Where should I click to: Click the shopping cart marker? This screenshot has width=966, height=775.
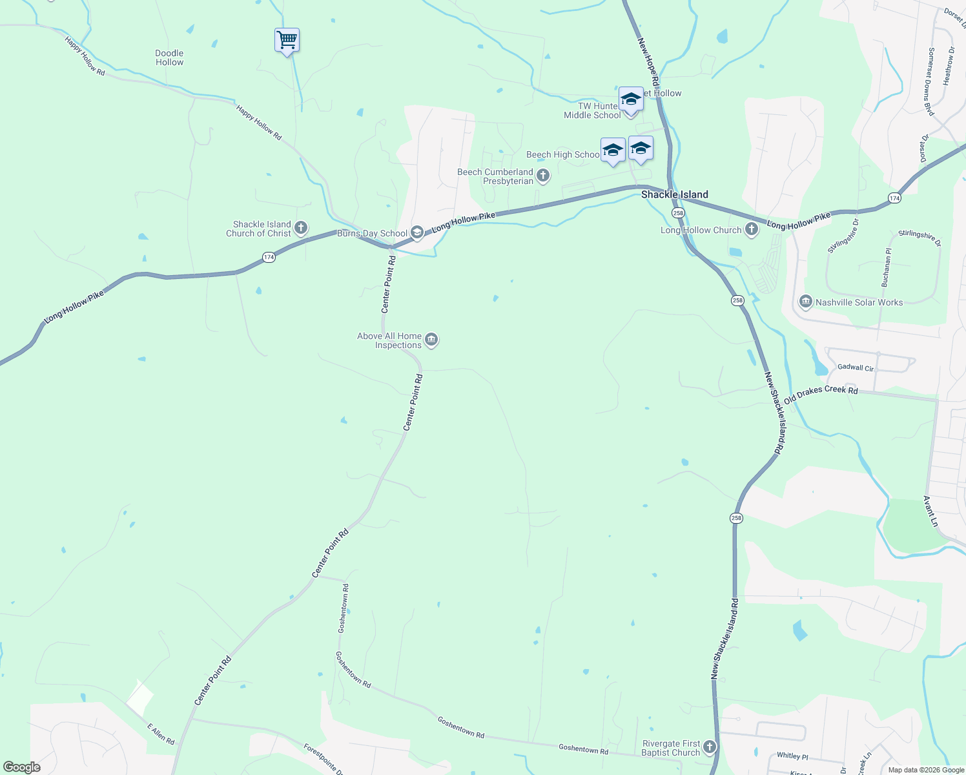[x=287, y=40]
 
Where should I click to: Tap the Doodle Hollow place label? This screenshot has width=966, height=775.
[x=169, y=58]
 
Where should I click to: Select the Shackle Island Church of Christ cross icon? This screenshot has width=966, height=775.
[x=301, y=228]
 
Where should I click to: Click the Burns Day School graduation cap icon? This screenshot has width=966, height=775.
[x=417, y=232]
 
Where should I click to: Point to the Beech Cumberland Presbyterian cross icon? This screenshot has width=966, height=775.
[x=543, y=176]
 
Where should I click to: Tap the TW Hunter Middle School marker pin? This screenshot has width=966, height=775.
[x=630, y=100]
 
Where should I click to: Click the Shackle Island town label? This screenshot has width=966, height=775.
[x=674, y=194]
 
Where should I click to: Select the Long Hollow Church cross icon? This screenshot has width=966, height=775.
[x=752, y=229]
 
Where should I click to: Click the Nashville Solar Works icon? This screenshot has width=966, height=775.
[x=805, y=302]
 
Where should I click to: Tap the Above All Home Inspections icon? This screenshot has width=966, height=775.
[x=432, y=340]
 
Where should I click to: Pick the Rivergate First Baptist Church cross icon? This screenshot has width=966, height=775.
[x=710, y=747]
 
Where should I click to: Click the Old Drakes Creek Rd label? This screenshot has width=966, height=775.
[x=821, y=394]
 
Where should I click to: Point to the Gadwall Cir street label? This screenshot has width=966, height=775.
[x=855, y=367]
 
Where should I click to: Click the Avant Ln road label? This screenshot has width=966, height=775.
[x=930, y=511]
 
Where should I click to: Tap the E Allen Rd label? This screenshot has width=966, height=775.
[x=161, y=734]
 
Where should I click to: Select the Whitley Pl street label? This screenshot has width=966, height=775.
[x=792, y=756]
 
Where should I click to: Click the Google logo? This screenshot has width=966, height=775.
[x=21, y=767]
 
